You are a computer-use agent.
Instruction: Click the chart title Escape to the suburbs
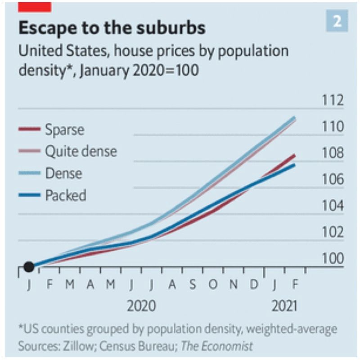coord(112,28)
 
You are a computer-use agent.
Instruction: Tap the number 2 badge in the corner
coord(337,22)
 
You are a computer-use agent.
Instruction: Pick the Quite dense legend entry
coord(81,151)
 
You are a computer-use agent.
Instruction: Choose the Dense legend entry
coord(63,173)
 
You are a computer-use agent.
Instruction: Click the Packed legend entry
coord(66,195)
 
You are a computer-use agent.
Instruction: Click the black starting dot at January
coord(29,267)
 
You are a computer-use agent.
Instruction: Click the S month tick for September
coord(192,284)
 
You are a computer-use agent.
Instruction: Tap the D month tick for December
coord(254,284)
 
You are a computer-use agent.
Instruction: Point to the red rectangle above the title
coord(34,6)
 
